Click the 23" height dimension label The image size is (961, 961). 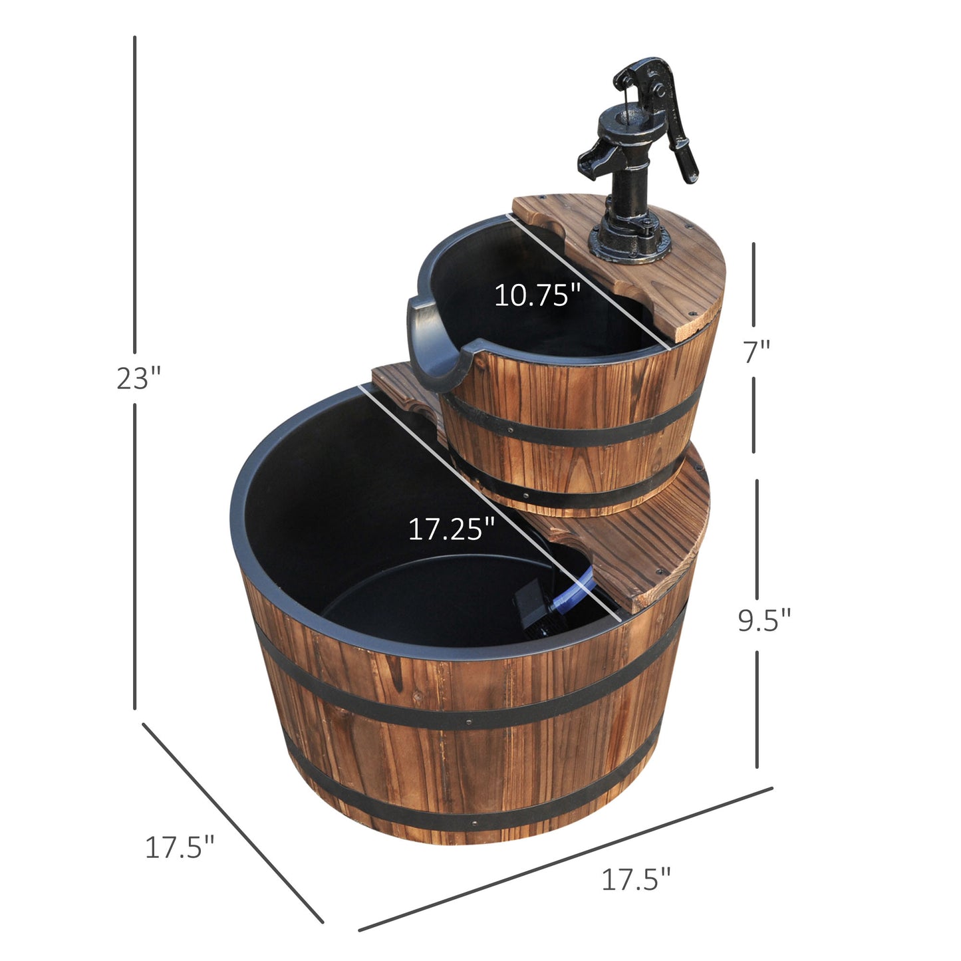(x=139, y=378)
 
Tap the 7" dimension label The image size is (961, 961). (x=756, y=352)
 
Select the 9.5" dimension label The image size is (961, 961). (x=764, y=620)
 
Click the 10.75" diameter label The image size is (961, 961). (x=537, y=295)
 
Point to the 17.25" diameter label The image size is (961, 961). (x=452, y=529)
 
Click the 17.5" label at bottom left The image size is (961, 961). (x=180, y=847)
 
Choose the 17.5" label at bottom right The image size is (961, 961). (x=636, y=879)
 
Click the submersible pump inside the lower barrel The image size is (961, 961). (x=532, y=609)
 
